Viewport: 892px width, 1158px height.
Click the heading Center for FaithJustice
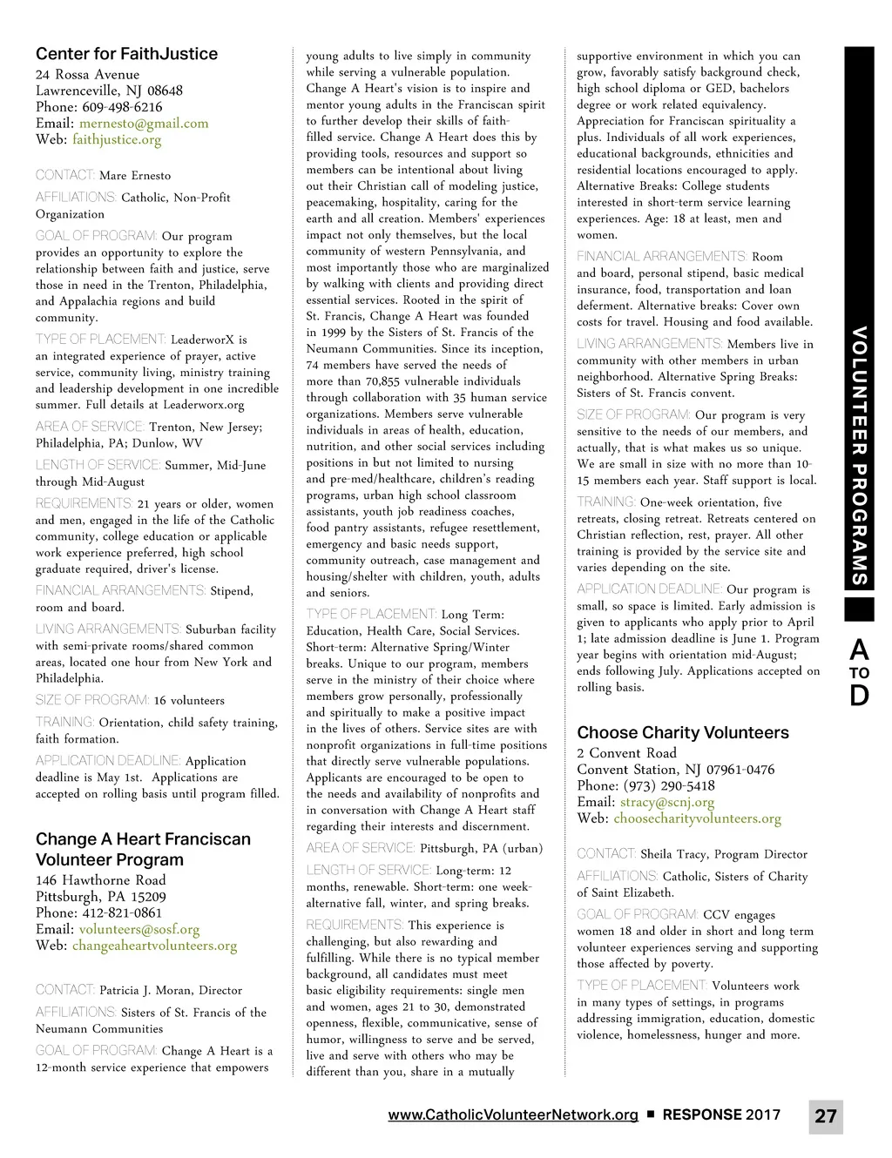[126, 54]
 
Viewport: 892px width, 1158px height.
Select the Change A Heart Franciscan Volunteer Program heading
[142, 849]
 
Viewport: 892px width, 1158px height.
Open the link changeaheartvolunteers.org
[154, 946]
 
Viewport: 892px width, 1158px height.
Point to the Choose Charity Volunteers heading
[682, 732]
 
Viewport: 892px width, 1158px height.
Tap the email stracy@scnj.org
[666, 802]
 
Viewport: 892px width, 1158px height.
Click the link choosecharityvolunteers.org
[697, 818]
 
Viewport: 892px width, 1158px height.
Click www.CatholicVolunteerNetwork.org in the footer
[512, 1114]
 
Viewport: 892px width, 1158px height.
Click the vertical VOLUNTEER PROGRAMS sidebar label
[859, 455]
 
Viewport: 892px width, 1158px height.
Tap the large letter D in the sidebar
[859, 696]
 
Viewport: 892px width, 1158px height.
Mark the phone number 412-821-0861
[120, 912]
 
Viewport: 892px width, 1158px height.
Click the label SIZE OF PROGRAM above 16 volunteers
[92, 700]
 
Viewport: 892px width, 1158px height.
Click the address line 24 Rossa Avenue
[87, 75]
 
